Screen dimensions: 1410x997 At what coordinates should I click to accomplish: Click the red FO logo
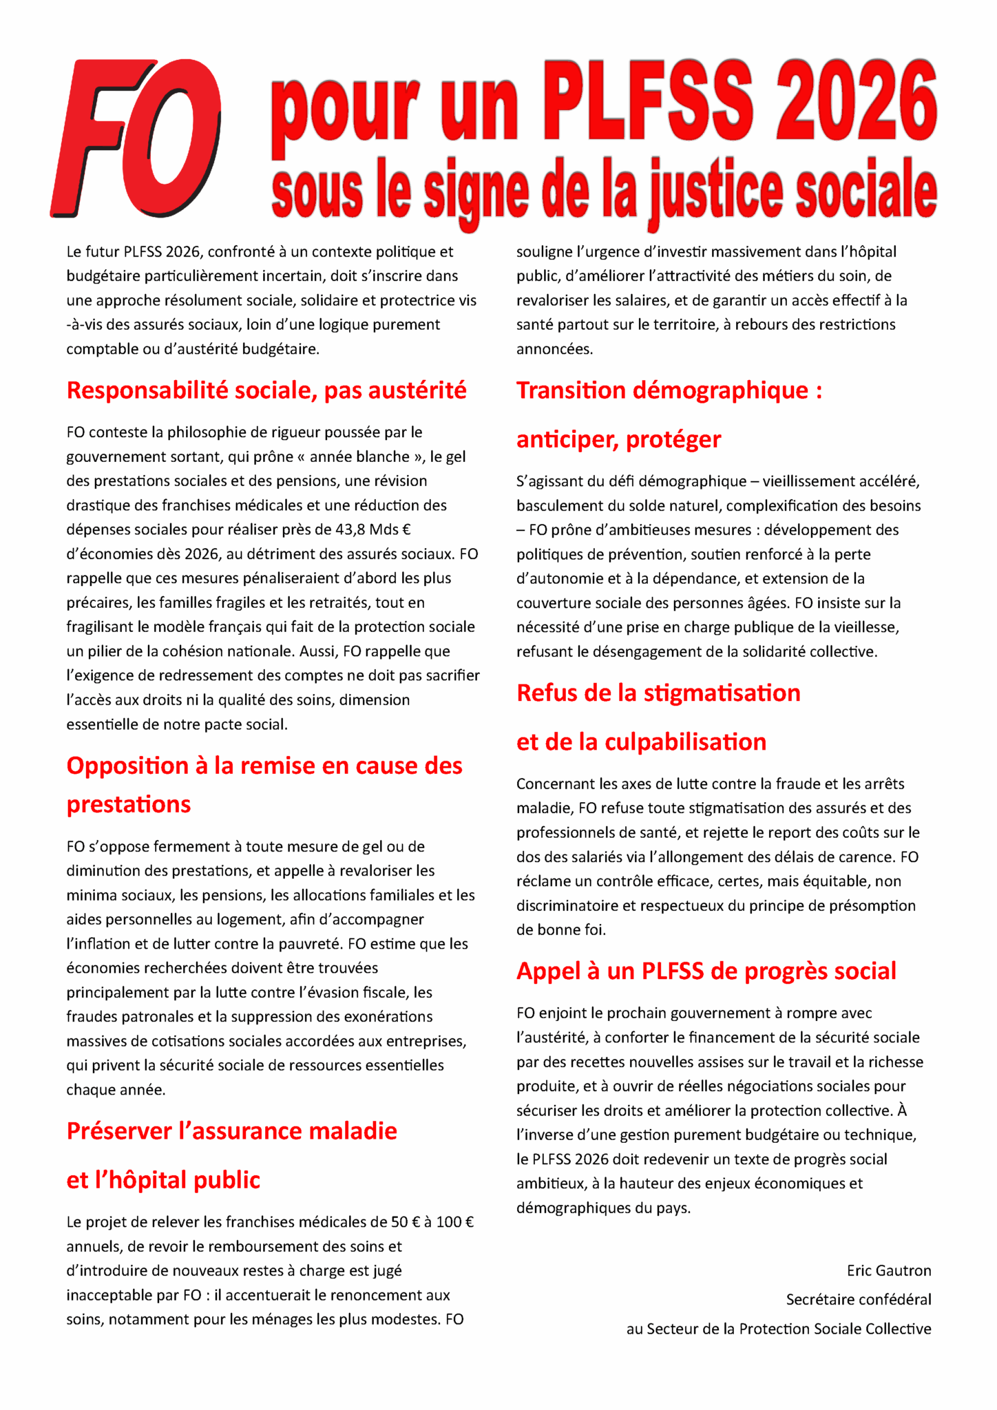tap(136, 138)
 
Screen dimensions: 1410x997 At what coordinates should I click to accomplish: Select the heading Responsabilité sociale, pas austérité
tap(266, 390)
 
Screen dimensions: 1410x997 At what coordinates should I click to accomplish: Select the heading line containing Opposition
tap(264, 766)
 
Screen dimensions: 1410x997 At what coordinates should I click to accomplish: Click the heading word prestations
tap(129, 804)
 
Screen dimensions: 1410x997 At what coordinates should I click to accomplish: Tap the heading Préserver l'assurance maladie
tap(231, 1131)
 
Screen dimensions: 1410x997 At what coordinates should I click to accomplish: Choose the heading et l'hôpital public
tap(163, 1180)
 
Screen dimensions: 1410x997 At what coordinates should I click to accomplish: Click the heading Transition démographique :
tap(669, 390)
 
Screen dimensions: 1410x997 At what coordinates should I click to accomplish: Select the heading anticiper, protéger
tap(618, 439)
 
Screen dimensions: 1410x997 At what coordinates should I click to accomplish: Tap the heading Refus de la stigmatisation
tap(658, 693)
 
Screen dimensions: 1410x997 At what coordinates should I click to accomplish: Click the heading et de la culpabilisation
tap(641, 741)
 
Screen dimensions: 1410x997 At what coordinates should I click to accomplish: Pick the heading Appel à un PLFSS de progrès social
tap(706, 971)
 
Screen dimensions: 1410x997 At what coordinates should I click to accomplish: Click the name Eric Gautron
tap(888, 1270)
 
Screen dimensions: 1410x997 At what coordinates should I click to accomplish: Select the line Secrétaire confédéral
tap(858, 1299)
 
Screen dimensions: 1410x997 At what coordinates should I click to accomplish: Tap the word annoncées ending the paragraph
tap(554, 349)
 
